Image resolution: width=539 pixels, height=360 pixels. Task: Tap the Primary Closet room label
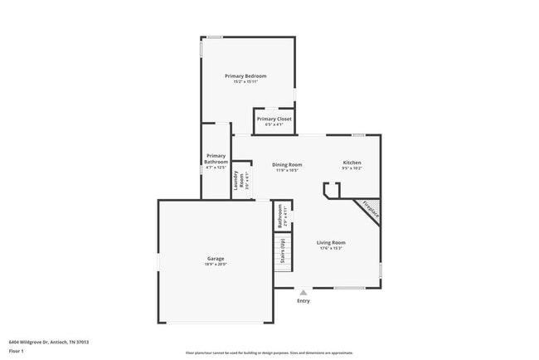(274, 119)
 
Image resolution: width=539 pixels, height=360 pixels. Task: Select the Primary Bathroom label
(216, 158)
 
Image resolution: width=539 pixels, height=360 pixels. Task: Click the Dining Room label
(287, 164)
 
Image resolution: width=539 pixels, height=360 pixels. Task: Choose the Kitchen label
(352, 162)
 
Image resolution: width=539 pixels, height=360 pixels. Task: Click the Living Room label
(330, 242)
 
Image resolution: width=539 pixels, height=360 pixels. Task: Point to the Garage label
(216, 259)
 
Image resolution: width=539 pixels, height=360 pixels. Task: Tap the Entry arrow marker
(303, 292)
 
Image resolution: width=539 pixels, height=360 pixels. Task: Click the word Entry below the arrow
(303, 301)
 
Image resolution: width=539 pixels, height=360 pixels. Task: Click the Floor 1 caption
(17, 351)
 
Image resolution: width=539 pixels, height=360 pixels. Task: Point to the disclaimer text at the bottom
(269, 353)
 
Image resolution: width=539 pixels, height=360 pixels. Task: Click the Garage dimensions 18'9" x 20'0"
(216, 265)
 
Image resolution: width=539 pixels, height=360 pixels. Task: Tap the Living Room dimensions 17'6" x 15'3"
(330, 248)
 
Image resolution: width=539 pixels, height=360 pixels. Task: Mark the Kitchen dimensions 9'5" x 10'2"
(352, 168)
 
